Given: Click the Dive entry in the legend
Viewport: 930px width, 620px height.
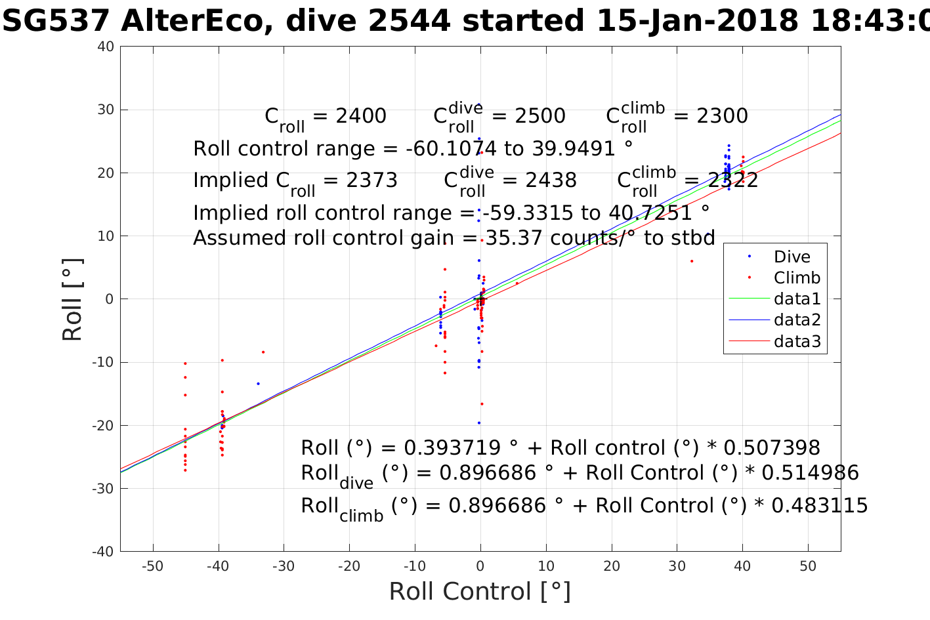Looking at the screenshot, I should pos(792,257).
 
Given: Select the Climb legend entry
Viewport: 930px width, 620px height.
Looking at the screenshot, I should pos(796,278).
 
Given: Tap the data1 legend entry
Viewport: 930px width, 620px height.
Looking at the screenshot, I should pos(797,299).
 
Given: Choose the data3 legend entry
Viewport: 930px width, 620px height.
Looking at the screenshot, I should pos(797,341).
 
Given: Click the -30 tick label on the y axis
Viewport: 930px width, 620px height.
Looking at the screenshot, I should pos(103,489).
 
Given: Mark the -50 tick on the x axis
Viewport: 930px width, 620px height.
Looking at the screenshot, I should pos(153,566).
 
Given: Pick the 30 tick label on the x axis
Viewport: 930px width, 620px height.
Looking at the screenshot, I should pos(677,566).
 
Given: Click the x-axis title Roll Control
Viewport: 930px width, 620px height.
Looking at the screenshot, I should pos(480,591).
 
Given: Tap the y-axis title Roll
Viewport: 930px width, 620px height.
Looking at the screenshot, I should pos(72,300).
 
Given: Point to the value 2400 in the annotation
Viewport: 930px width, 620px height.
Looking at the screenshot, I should pos(360,116).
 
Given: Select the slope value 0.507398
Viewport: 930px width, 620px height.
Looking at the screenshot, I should pos(772,448).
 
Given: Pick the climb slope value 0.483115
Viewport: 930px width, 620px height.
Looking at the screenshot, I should pos(820,506).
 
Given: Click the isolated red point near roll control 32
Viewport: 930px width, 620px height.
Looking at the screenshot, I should pos(692,261).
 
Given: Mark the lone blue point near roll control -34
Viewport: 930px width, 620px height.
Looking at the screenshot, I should pos(258,383).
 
